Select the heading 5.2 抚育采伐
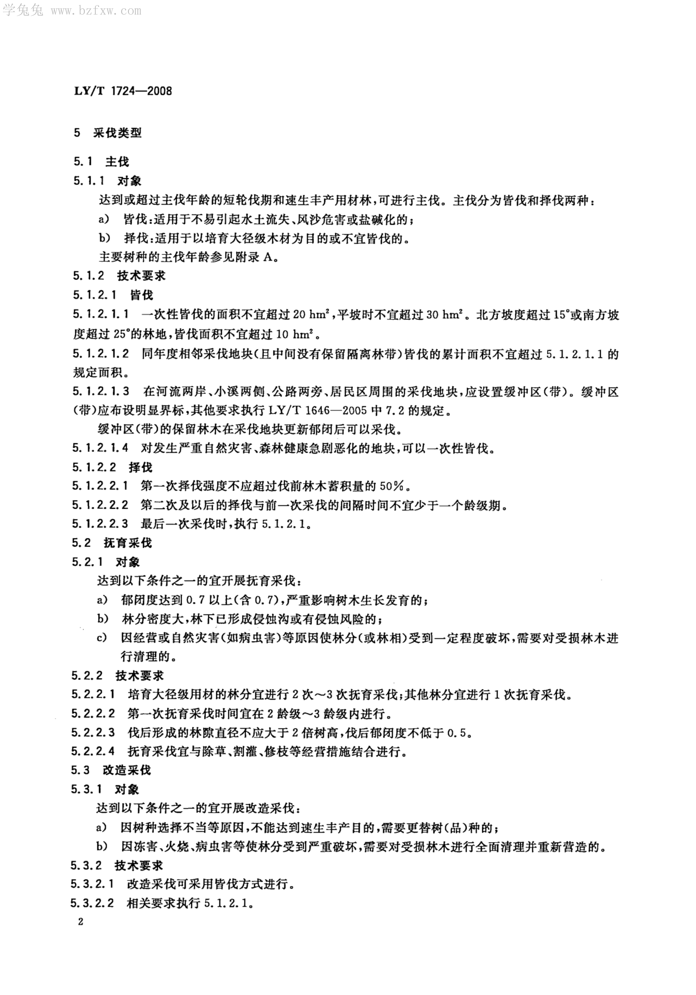(x=112, y=543)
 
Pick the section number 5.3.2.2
(x=92, y=903)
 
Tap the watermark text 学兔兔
(x=23, y=10)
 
